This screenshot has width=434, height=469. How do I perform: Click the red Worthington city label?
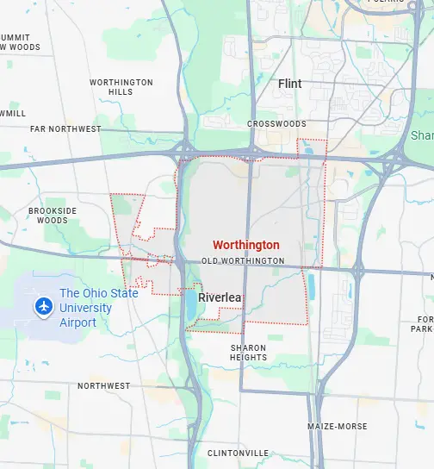245,245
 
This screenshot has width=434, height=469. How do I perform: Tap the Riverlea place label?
220,297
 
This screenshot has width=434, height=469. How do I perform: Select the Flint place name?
290,84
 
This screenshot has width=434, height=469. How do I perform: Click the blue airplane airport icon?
41,306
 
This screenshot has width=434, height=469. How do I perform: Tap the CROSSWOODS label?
276,124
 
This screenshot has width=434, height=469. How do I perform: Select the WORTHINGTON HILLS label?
121,87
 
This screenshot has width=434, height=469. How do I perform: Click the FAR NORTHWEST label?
65,129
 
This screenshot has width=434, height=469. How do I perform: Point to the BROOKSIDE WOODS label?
53,215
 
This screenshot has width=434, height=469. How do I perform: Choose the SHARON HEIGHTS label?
248,353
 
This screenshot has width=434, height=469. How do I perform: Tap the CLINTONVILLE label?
238,453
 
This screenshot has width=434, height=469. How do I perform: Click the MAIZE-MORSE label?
338,427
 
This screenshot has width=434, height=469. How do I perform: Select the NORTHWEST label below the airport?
103,385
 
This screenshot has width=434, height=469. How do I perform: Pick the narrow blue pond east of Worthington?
311,285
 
